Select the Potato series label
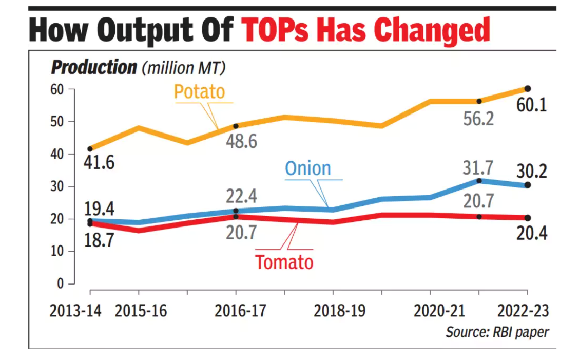tap(199, 91)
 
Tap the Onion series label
tap(307, 168)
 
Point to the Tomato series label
tap(284, 262)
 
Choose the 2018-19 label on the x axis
tap(334, 311)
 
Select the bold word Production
tap(93, 67)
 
